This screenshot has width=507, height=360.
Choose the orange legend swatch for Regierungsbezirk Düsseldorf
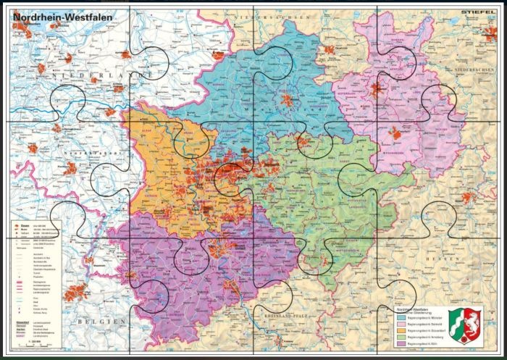[x=401, y=331]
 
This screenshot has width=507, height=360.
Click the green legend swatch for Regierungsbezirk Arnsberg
[x=401, y=338]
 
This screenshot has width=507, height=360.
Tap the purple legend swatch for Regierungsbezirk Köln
[x=401, y=345]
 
